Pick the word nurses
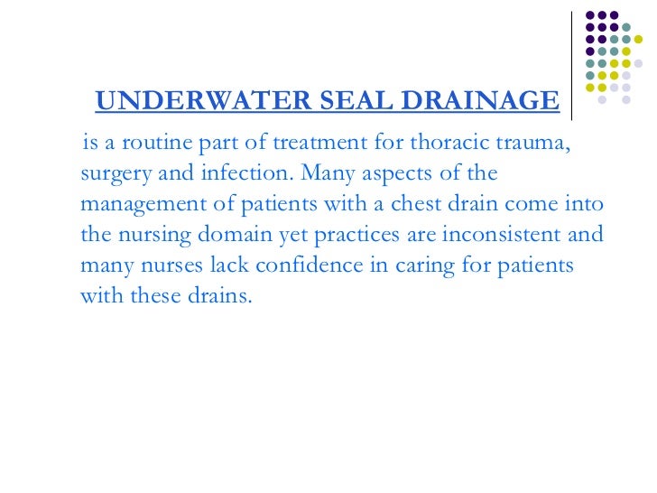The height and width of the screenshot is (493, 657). click(162, 265)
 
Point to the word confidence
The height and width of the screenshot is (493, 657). click(300, 265)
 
